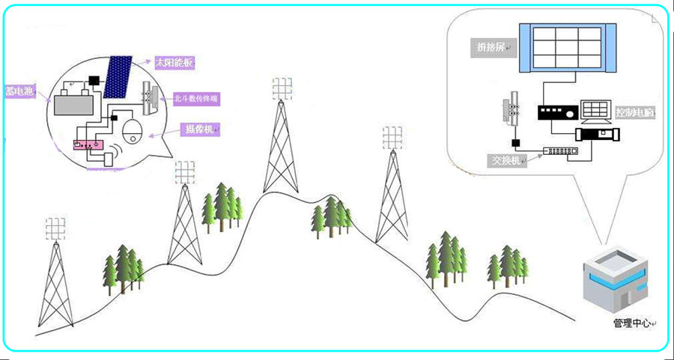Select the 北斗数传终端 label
click(x=196, y=98)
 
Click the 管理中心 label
click(x=631, y=323)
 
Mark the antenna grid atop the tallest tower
click(x=281, y=88)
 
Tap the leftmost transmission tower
click(x=54, y=277)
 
